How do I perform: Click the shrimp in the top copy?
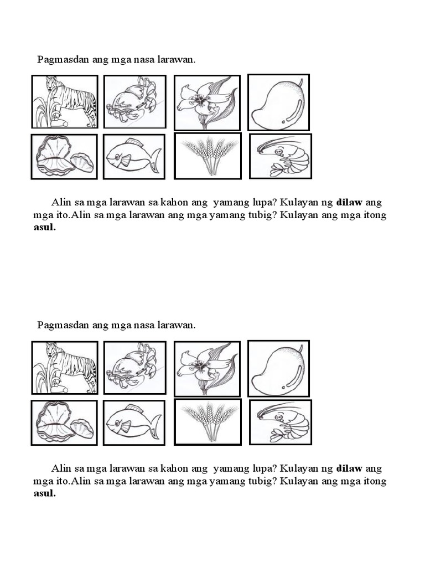click(x=282, y=156)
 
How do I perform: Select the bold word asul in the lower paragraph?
click(x=44, y=493)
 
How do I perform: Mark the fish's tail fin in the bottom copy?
click(x=154, y=425)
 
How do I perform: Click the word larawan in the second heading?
click(x=177, y=325)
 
